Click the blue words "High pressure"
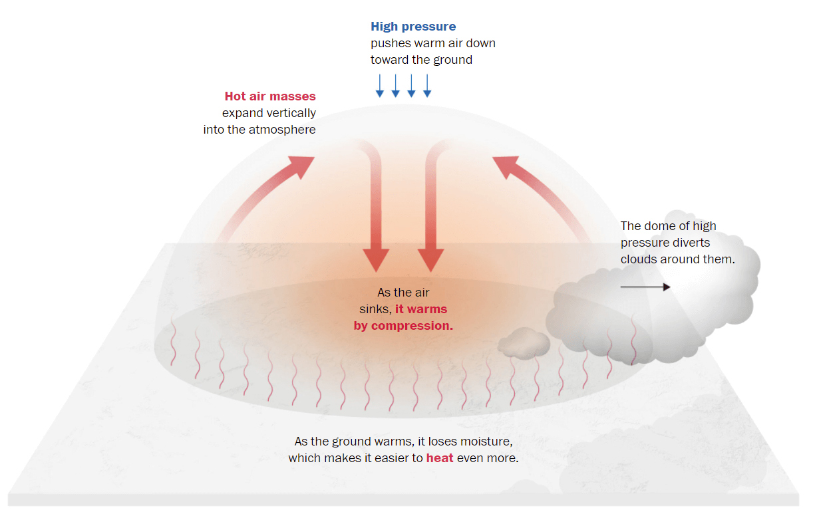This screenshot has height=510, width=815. coord(413,27)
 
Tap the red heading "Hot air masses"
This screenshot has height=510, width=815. coord(270,96)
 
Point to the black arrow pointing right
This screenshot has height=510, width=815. coord(645,287)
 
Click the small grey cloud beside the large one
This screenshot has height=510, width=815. coord(524,342)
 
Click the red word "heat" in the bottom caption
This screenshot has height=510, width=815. coord(440,458)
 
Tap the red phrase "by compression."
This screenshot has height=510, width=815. coord(403,326)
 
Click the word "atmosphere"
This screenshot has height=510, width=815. coord(281,130)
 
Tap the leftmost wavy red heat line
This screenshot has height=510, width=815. coord(174,342)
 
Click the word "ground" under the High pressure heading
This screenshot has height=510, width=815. coord(453,60)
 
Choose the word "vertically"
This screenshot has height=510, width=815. coord(291,113)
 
